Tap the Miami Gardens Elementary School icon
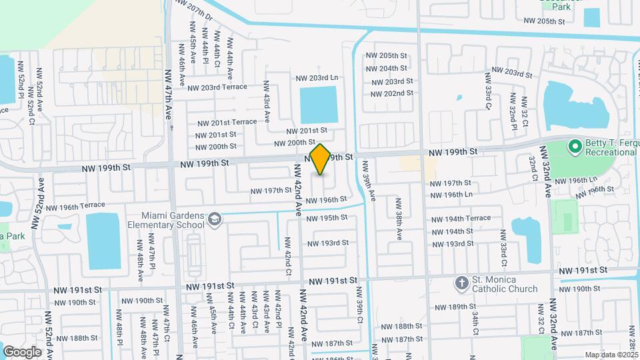[215, 219]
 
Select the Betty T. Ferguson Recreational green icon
[574, 145]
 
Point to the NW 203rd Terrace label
[217, 87]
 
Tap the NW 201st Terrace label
[227, 122]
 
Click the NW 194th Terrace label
[460, 218]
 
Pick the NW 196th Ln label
[451, 195]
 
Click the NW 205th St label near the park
[545, 21]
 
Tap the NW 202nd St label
[389, 93]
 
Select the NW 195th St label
[327, 218]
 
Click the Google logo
[22, 351]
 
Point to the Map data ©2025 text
[611, 355]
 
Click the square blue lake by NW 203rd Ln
[319, 105]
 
